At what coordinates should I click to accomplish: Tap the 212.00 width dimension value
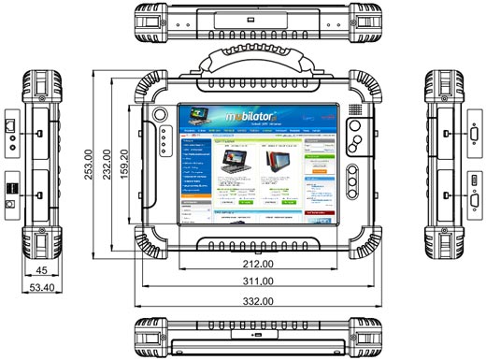[x=242, y=265]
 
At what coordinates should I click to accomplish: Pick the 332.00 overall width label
[x=243, y=301]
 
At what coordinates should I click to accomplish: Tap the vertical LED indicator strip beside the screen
[x=162, y=144]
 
